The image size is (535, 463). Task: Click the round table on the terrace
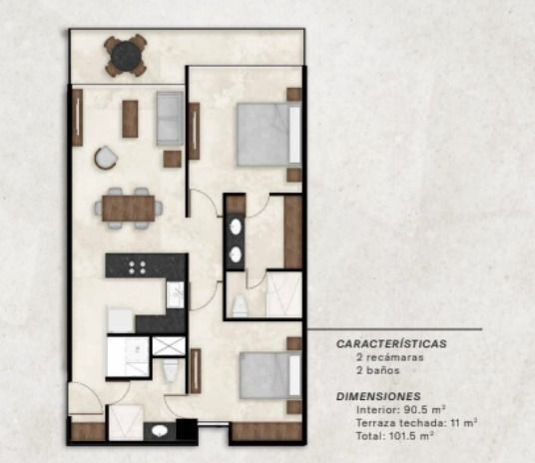click(x=126, y=54)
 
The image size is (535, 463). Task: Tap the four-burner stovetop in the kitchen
click(x=137, y=267)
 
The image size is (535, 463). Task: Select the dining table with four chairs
click(x=129, y=208)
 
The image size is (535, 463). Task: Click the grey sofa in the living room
click(x=170, y=118)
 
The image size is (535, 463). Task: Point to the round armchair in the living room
click(x=106, y=158)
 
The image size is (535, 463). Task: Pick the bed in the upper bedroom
click(x=268, y=135)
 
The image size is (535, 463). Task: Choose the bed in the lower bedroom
click(x=270, y=375)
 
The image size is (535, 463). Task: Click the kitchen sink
click(x=176, y=294)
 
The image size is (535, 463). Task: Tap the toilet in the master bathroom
click(x=240, y=305)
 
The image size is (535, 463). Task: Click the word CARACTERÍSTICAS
click(x=391, y=343)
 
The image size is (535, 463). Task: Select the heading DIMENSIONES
click(x=378, y=396)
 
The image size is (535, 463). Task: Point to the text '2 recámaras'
click(x=389, y=357)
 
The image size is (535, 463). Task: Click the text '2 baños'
click(x=377, y=370)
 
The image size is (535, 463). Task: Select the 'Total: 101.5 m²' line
click(x=395, y=436)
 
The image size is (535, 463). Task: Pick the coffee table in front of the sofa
click(x=130, y=119)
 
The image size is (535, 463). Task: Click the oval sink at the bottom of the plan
click(x=160, y=431)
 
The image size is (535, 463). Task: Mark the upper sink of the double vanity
click(x=236, y=226)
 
